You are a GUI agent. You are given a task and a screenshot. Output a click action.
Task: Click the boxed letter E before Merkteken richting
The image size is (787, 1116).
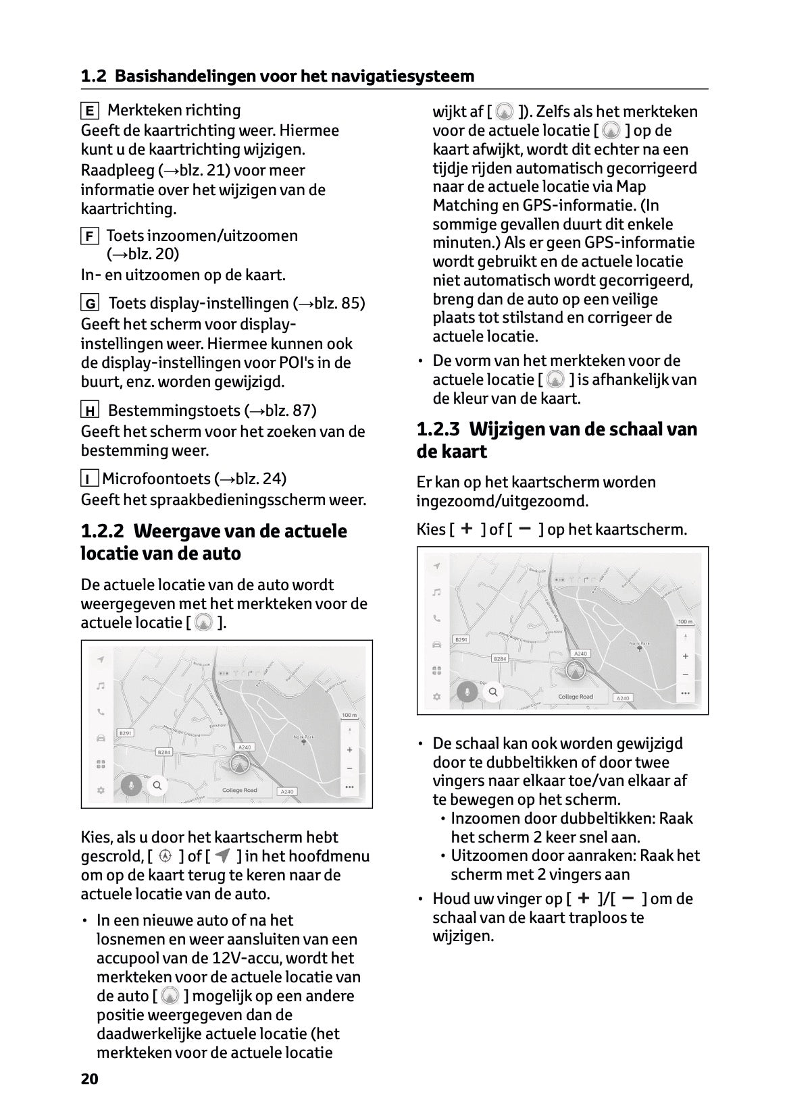pyautogui.click(x=89, y=111)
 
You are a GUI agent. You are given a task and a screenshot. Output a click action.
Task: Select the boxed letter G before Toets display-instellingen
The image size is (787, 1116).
pyautogui.click(x=90, y=304)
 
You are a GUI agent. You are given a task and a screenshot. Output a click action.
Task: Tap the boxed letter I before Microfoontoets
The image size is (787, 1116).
pyautogui.click(x=88, y=479)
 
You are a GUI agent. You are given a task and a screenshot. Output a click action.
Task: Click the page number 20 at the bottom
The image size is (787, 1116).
pyautogui.click(x=89, y=1078)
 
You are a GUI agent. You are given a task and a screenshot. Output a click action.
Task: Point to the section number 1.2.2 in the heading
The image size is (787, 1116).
pyautogui.click(x=102, y=531)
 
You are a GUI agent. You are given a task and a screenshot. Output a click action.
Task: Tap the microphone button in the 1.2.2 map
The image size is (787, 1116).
pyautogui.click(x=132, y=785)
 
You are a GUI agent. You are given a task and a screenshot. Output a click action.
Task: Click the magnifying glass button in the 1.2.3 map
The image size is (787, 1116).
pyautogui.click(x=493, y=692)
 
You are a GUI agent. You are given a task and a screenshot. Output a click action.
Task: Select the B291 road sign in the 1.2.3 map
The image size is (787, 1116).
pyautogui.click(x=461, y=639)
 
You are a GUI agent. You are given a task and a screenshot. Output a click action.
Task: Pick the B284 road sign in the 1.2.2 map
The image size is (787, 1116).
pyautogui.click(x=164, y=751)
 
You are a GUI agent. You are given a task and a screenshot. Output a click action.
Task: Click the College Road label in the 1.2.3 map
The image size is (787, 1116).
pyautogui.click(x=576, y=696)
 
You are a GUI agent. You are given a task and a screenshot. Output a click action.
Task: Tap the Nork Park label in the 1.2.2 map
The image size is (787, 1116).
pyautogui.click(x=304, y=737)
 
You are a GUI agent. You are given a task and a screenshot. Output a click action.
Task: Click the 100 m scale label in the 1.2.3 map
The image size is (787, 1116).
pyautogui.click(x=684, y=621)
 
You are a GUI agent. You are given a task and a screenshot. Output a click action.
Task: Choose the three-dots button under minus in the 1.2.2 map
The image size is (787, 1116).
pyautogui.click(x=349, y=787)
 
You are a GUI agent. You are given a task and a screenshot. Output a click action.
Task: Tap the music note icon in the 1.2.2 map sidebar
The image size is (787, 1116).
pyautogui.click(x=101, y=685)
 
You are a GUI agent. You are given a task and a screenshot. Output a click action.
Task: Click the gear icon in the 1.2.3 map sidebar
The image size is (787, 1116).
pyautogui.click(x=437, y=696)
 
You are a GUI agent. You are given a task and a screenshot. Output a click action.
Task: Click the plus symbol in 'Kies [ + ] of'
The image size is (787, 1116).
pyautogui.click(x=465, y=529)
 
